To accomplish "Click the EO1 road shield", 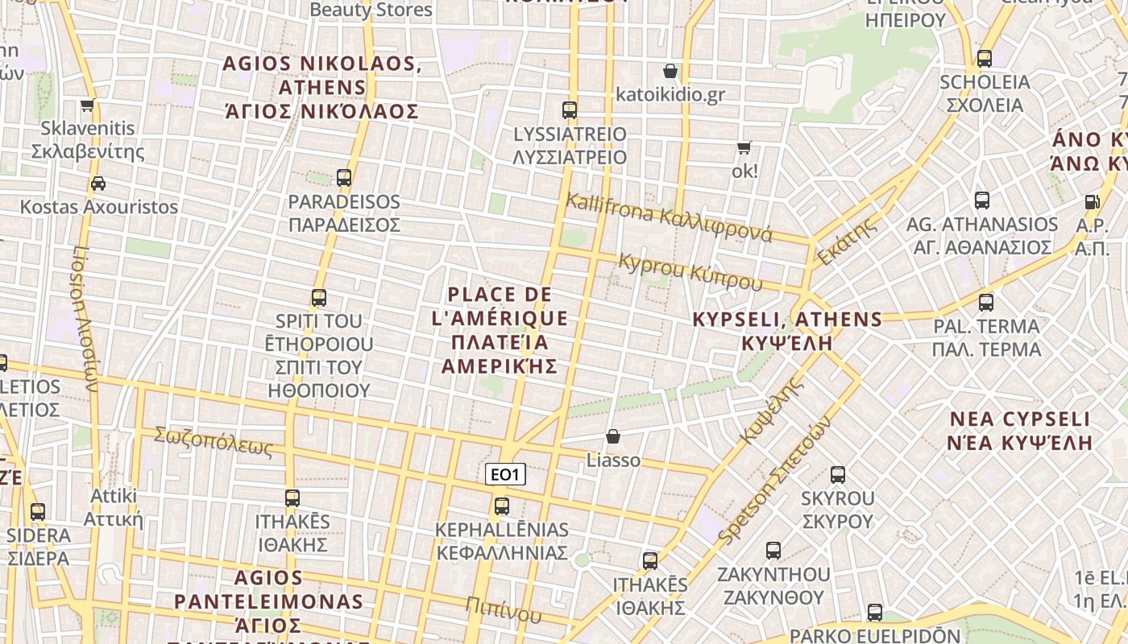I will (x=505, y=475).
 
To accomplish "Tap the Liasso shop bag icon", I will (x=613, y=436).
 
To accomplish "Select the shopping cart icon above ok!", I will (x=744, y=147).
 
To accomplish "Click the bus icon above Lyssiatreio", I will (x=570, y=109).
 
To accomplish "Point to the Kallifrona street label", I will (x=669, y=217).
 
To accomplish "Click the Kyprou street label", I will (x=690, y=271).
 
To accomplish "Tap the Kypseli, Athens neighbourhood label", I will (x=787, y=330).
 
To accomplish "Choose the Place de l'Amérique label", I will (x=500, y=330).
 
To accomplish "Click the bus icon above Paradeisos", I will (x=344, y=178).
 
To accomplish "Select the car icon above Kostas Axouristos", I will (x=98, y=184).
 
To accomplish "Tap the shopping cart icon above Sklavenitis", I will (x=88, y=105).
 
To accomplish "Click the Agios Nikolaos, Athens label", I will (x=321, y=87).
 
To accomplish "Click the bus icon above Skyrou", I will (x=838, y=475).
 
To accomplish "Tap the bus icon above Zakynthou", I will (x=773, y=551).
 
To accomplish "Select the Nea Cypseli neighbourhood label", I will (x=1020, y=431).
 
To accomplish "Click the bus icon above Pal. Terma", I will (x=986, y=303).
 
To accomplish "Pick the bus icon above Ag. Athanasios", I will (x=982, y=200).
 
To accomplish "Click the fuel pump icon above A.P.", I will (x=1093, y=202).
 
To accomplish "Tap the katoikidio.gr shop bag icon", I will (x=670, y=71).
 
